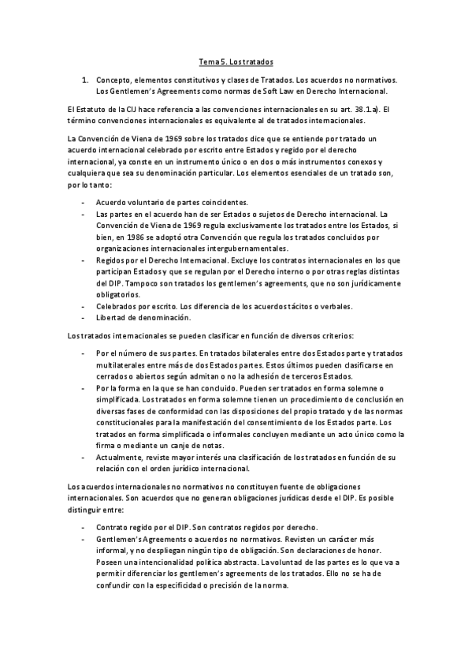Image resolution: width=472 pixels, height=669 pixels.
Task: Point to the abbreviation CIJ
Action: pos(133,108)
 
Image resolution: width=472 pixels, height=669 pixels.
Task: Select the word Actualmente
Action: pos(121,458)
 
